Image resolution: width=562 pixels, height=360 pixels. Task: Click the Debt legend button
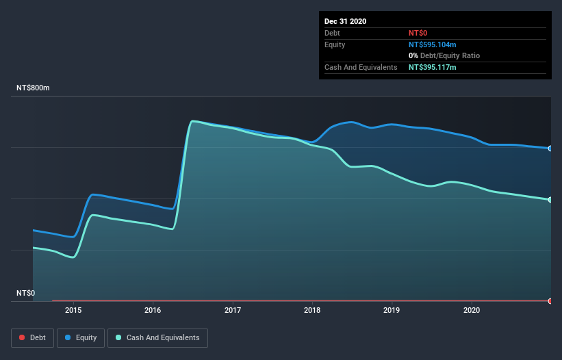(31, 337)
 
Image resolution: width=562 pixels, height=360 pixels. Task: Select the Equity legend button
(81, 337)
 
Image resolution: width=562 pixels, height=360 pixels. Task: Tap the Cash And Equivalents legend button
(157, 337)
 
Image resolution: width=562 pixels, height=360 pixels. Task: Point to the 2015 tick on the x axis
(73, 310)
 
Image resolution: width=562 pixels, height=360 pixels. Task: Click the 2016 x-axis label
(153, 310)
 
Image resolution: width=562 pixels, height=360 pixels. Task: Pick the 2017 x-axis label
(233, 310)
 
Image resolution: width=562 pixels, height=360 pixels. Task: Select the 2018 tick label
(313, 310)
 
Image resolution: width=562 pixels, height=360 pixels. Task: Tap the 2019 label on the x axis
(392, 310)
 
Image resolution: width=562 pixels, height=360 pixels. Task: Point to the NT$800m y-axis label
(34, 88)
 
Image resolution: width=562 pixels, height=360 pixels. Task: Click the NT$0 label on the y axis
(25, 293)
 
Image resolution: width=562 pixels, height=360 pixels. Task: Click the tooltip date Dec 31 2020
(345, 21)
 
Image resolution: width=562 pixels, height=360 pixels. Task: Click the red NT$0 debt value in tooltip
(418, 33)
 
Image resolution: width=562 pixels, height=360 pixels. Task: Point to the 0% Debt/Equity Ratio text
(444, 55)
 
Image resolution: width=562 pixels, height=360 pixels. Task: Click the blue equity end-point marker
(550, 149)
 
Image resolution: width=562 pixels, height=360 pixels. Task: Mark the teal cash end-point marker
(550, 200)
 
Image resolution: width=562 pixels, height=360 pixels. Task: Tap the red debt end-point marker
(550, 300)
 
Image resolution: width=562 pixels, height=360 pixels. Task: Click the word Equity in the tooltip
(335, 44)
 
